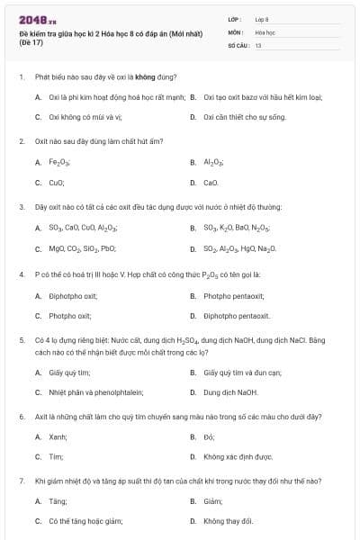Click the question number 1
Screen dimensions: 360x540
21,78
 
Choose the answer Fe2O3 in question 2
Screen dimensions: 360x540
60,163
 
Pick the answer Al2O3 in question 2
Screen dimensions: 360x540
213,163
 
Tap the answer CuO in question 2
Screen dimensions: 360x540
57,183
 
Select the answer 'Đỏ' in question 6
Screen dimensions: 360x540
208,437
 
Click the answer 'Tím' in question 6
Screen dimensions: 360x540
56,457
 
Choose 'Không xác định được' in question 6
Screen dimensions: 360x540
238,457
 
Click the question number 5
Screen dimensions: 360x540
21,340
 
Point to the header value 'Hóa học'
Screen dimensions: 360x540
264,31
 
